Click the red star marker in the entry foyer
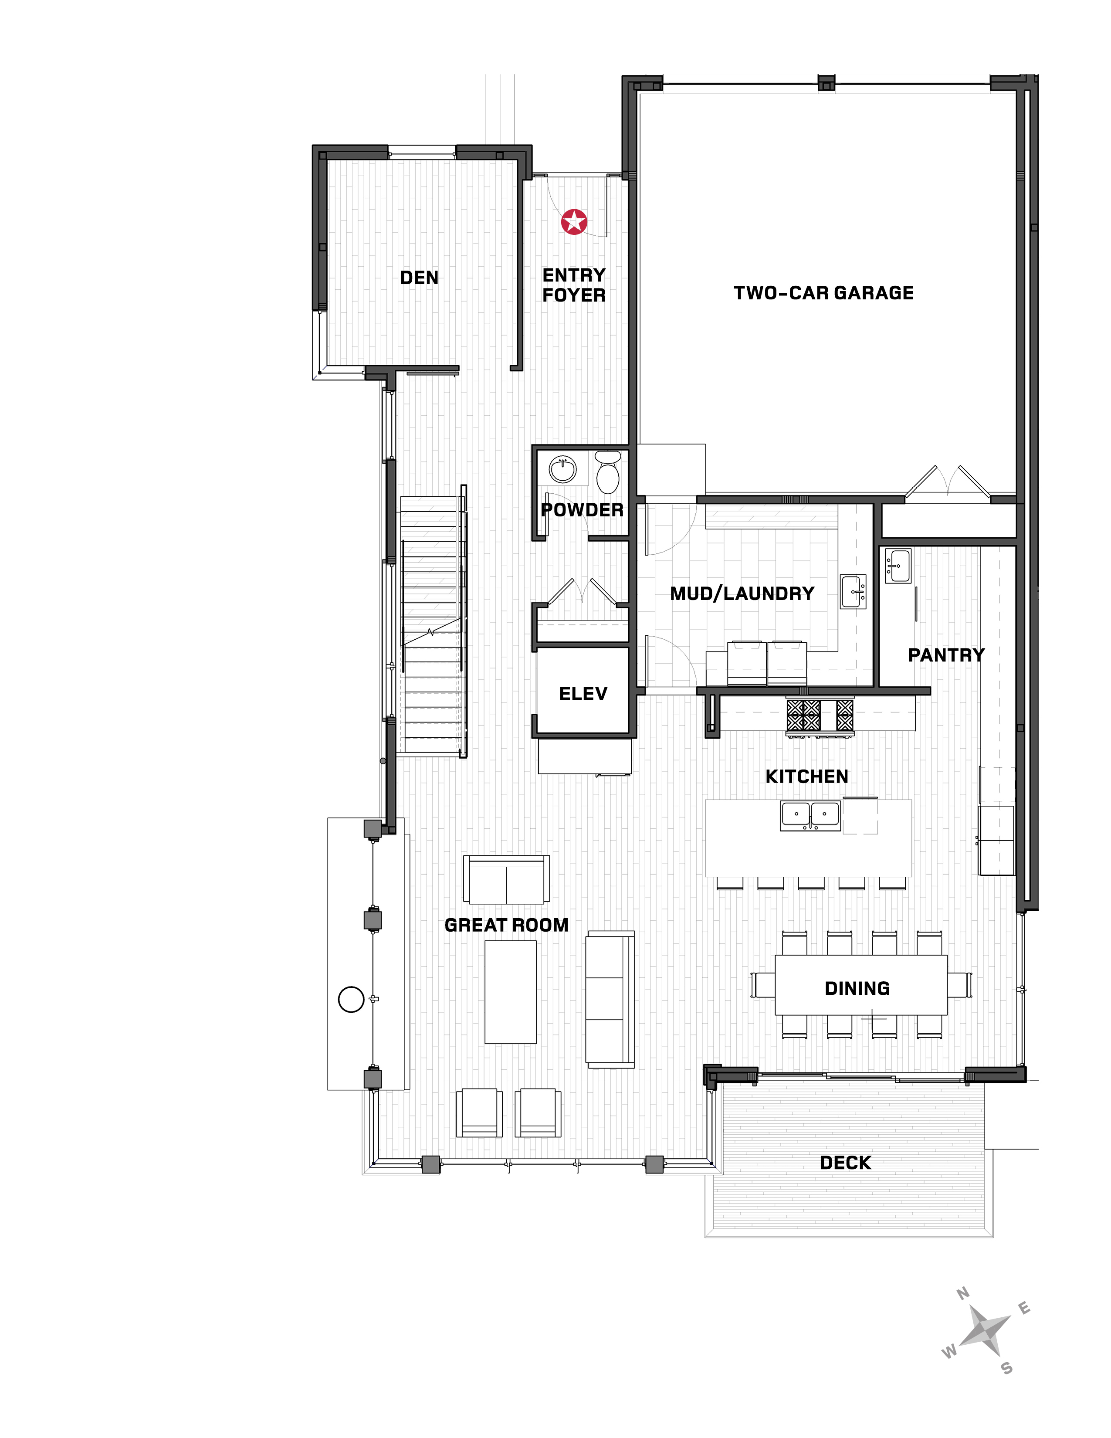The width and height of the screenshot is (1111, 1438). click(574, 222)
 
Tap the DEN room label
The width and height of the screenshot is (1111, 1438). click(419, 278)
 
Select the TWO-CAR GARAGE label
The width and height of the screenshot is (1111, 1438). click(823, 293)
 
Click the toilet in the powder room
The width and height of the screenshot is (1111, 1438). click(607, 471)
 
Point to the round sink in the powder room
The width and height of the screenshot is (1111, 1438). click(563, 469)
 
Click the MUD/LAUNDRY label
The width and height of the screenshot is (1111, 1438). click(742, 593)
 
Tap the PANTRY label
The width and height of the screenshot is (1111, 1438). click(946, 655)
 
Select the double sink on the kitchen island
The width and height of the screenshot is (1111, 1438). click(810, 815)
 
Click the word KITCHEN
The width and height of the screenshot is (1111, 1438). click(807, 777)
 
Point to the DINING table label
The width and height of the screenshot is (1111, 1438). click(857, 988)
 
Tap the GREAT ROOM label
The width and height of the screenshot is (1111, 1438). click(507, 925)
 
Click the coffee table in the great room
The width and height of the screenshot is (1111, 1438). click(511, 992)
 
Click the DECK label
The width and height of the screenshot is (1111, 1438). click(846, 1163)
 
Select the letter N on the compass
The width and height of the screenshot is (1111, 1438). click(963, 1293)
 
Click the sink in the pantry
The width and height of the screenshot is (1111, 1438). click(898, 565)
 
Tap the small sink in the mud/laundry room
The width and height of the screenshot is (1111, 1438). click(853, 591)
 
